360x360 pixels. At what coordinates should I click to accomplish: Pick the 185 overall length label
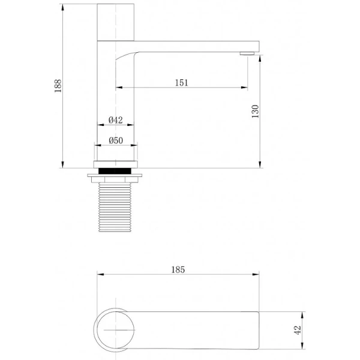(x=178, y=270)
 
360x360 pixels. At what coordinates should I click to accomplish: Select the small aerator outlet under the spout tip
(x=246, y=54)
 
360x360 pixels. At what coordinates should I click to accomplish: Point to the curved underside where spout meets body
(x=123, y=57)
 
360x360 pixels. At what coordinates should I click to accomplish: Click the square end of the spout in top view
(x=255, y=329)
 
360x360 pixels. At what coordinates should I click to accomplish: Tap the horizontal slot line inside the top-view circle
(x=117, y=329)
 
